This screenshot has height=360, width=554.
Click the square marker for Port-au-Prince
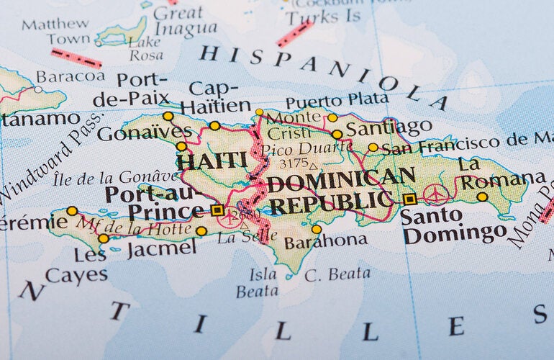pyautogui.click(x=217, y=210)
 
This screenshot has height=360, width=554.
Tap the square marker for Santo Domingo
pyautogui.click(x=409, y=199)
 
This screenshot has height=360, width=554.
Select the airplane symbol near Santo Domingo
pyautogui.click(x=436, y=194)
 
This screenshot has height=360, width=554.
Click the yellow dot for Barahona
pyautogui.click(x=317, y=229)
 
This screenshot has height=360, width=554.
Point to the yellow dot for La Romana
pyautogui.click(x=482, y=197)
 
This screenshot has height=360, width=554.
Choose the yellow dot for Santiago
pyautogui.click(x=337, y=134)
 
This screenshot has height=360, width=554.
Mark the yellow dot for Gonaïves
pyautogui.click(x=181, y=146)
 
